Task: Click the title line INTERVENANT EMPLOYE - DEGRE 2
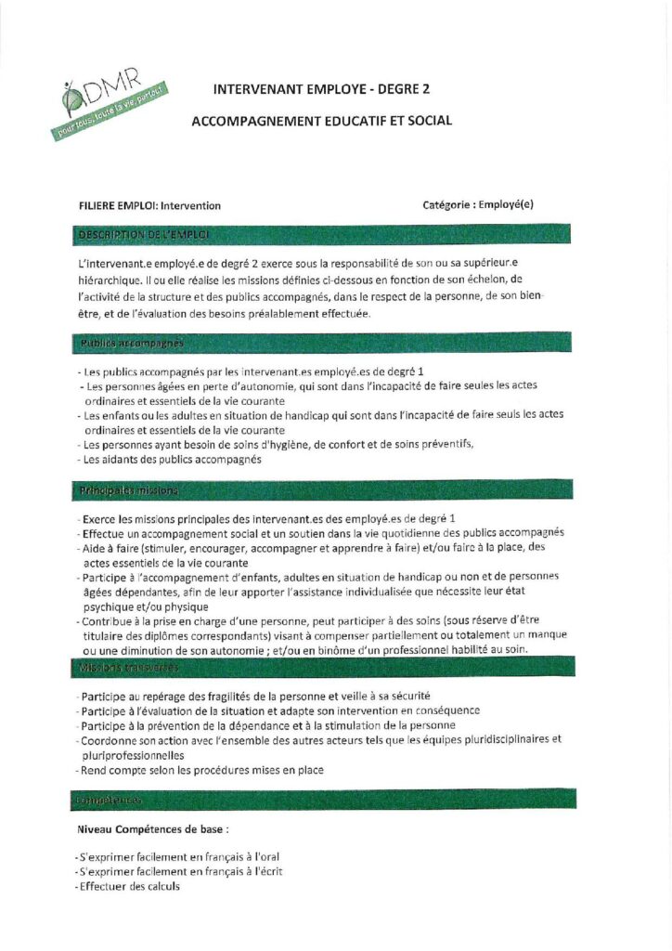coord(321,90)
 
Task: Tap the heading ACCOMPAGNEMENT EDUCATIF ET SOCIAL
coord(321,122)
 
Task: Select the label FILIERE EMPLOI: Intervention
coord(150,206)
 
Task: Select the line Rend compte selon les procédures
coord(201,770)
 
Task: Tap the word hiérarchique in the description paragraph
coord(111,278)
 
